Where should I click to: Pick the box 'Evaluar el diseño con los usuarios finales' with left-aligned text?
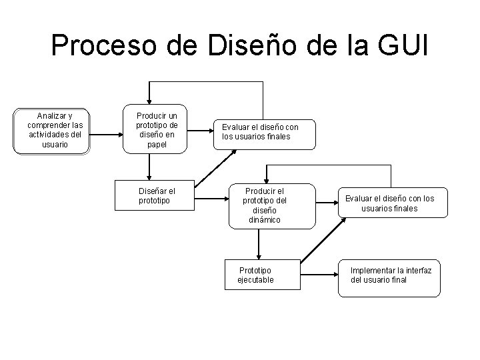point(263,133)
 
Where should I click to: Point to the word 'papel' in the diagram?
point(157,143)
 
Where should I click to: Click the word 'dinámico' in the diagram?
point(261,219)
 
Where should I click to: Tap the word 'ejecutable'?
point(256,280)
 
